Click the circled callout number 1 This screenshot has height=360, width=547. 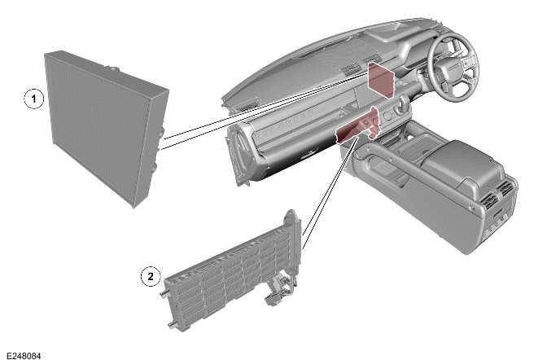[x=32, y=99]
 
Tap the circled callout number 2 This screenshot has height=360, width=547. [x=149, y=276]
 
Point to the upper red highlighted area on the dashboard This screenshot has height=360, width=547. [x=379, y=77]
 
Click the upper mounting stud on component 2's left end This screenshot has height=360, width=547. [x=166, y=288]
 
